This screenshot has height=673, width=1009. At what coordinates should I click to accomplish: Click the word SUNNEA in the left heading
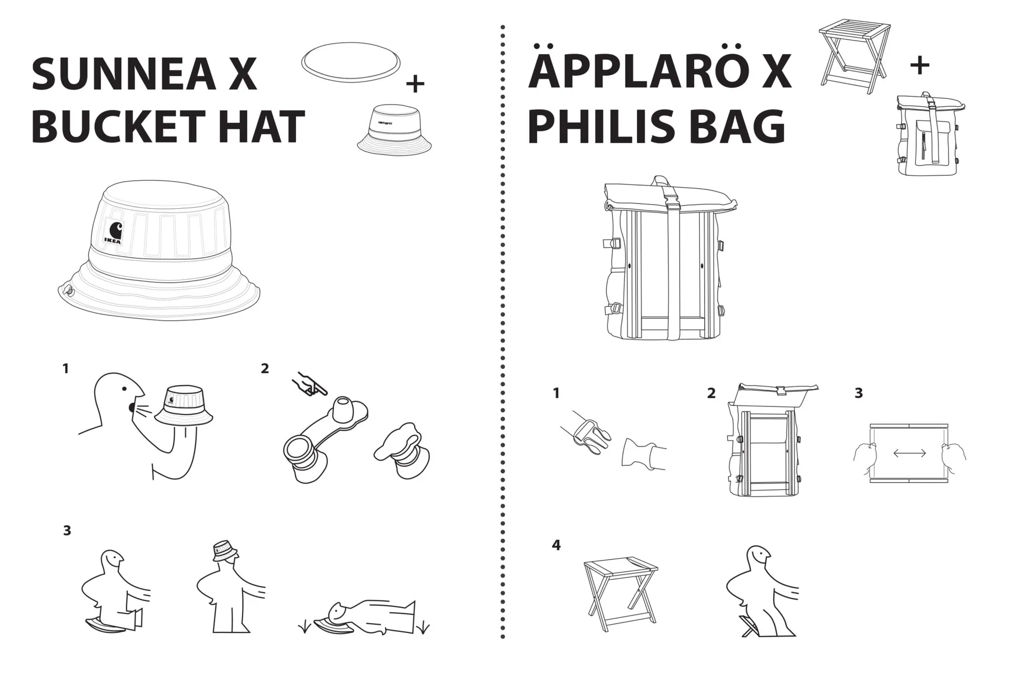click(x=123, y=74)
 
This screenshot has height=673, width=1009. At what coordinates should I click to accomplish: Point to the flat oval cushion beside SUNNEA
click(x=351, y=62)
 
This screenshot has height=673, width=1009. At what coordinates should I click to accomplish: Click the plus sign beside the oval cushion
click(x=415, y=84)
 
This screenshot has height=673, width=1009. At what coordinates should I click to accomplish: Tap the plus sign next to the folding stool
click(x=920, y=66)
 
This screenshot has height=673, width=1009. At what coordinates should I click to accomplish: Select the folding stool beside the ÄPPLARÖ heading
click(x=854, y=56)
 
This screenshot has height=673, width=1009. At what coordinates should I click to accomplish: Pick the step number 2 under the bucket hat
click(x=265, y=369)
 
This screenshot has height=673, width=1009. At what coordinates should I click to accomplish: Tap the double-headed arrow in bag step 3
click(x=909, y=453)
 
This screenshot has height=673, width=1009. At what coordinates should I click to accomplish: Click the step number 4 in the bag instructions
click(x=556, y=545)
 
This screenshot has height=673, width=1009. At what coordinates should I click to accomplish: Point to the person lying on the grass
click(x=368, y=617)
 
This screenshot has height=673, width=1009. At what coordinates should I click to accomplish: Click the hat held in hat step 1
click(x=183, y=405)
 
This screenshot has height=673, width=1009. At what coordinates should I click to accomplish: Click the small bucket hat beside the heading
click(x=394, y=129)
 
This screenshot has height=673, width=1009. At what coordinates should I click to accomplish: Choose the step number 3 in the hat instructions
click(x=67, y=531)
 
